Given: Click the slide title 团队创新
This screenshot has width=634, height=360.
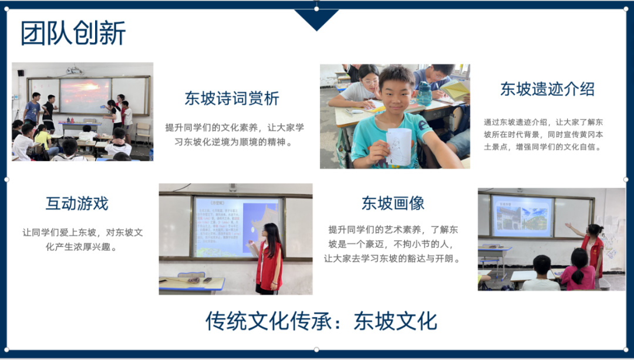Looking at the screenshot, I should [73, 33].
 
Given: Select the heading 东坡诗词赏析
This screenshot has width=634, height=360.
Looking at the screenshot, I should [232, 98].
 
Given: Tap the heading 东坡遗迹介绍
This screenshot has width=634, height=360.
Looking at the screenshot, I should [547, 89].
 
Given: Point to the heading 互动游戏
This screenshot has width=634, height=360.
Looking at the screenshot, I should [77, 204].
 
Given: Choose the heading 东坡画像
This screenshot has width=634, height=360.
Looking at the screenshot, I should [393, 203].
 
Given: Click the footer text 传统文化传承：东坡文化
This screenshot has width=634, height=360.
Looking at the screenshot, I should [321, 321].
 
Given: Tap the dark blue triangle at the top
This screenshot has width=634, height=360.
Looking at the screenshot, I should [316, 19].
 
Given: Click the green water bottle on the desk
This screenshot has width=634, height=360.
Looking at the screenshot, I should [424, 94].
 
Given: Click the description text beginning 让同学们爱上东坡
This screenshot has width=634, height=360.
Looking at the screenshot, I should [82, 239].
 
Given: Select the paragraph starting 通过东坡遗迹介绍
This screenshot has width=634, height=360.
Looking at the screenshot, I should [543, 134].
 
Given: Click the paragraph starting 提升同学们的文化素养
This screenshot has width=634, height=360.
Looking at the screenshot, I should [234, 134].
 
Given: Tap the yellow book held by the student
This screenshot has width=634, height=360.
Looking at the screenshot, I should [456, 90].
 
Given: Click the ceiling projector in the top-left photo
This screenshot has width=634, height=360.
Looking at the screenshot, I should [75, 70].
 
